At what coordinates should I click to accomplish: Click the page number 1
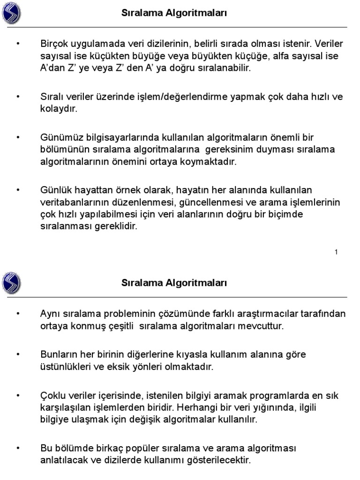coord(336,253)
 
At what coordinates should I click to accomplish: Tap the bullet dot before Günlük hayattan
coord(18,190)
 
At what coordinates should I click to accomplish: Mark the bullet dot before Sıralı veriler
coord(18,97)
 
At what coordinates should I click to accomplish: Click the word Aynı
coord(49,314)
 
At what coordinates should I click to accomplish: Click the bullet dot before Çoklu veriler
coord(18,396)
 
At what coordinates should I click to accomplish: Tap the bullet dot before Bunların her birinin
coord(18,355)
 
